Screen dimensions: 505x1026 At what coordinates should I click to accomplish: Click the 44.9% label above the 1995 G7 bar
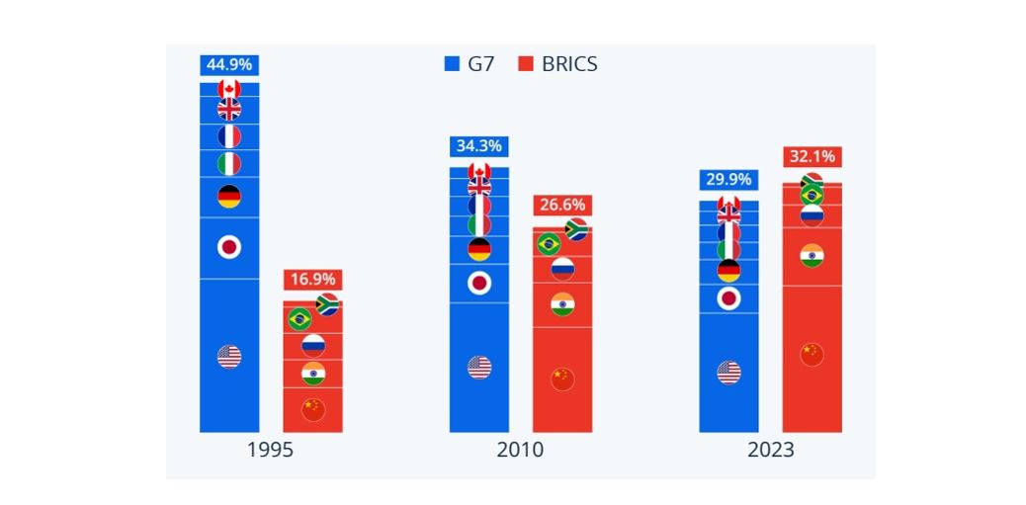(x=228, y=65)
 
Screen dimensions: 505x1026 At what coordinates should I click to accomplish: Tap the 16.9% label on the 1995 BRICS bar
(x=312, y=279)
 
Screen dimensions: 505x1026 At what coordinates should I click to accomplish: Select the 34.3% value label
(x=478, y=146)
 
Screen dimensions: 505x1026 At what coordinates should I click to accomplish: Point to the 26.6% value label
(x=561, y=206)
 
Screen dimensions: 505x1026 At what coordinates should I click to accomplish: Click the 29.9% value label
(x=728, y=180)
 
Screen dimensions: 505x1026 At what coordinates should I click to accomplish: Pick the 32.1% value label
(x=812, y=156)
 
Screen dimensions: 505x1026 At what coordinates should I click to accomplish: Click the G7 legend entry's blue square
(x=453, y=64)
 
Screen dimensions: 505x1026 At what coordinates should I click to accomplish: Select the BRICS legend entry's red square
(x=526, y=64)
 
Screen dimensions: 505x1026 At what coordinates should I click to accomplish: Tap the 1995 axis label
(x=270, y=451)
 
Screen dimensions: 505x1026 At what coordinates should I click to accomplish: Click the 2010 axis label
(x=520, y=451)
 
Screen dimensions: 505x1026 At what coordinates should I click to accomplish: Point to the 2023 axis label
(x=770, y=451)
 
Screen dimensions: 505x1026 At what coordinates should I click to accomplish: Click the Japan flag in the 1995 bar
(x=229, y=247)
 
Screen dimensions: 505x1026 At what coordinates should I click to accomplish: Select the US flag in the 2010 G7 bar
(x=479, y=368)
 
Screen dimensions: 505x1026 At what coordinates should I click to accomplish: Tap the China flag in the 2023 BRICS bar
(x=812, y=354)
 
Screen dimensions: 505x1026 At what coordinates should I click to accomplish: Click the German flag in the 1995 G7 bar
(x=229, y=197)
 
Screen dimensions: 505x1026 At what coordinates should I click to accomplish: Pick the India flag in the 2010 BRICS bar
(x=562, y=304)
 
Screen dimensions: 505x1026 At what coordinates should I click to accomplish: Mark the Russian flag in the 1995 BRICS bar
(x=313, y=345)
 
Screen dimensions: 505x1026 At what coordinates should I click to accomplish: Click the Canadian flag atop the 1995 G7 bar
(x=229, y=89)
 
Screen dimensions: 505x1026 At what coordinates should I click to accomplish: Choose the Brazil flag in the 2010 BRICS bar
(x=549, y=243)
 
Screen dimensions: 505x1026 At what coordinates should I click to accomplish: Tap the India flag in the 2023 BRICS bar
(x=812, y=256)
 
